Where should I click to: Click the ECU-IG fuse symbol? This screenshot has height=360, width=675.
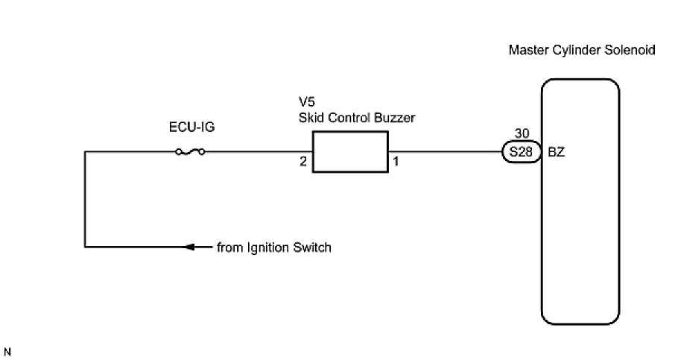click(191, 152)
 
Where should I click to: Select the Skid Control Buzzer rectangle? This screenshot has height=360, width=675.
click(349, 152)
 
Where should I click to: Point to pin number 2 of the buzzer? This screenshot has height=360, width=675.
click(303, 161)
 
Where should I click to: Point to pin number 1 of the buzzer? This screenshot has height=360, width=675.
click(396, 161)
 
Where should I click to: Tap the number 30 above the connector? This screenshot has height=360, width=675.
click(522, 135)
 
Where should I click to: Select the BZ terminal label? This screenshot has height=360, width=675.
click(557, 152)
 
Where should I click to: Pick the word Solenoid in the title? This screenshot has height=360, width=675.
click(633, 51)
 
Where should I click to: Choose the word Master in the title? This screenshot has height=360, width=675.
click(526, 51)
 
